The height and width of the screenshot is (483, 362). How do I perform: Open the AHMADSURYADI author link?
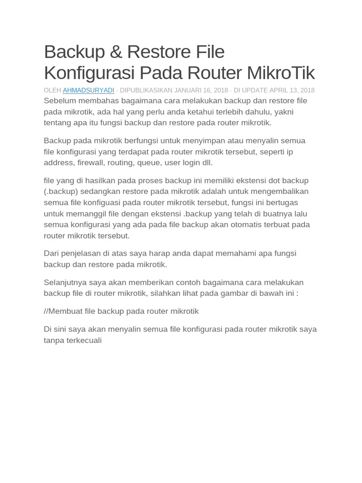point(88,90)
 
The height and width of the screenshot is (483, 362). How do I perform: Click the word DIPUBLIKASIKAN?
point(146,90)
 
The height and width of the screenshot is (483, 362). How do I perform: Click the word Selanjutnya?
point(66,283)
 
